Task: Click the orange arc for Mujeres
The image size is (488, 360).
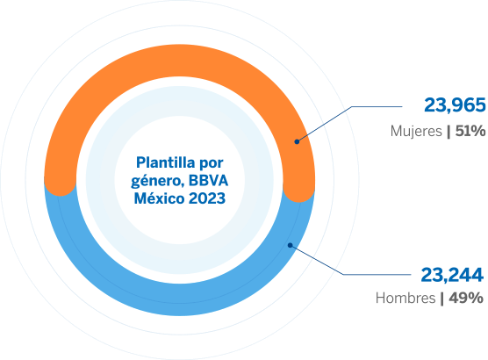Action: click(x=180, y=61)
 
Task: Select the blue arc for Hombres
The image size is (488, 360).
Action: click(x=180, y=299)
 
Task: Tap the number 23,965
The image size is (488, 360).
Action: click(x=455, y=105)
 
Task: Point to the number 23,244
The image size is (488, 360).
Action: click(x=452, y=275)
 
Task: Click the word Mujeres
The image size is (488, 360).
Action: click(x=416, y=131)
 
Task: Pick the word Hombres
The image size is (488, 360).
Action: click(x=405, y=298)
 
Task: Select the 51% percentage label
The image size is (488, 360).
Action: click(x=470, y=131)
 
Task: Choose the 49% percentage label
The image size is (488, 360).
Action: click(x=466, y=298)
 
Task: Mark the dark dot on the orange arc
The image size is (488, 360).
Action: click(x=297, y=141)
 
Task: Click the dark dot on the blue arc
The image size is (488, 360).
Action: click(x=290, y=245)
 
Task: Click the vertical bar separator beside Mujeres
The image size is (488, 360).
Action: click(x=449, y=132)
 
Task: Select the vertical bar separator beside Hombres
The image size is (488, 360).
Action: click(x=442, y=299)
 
